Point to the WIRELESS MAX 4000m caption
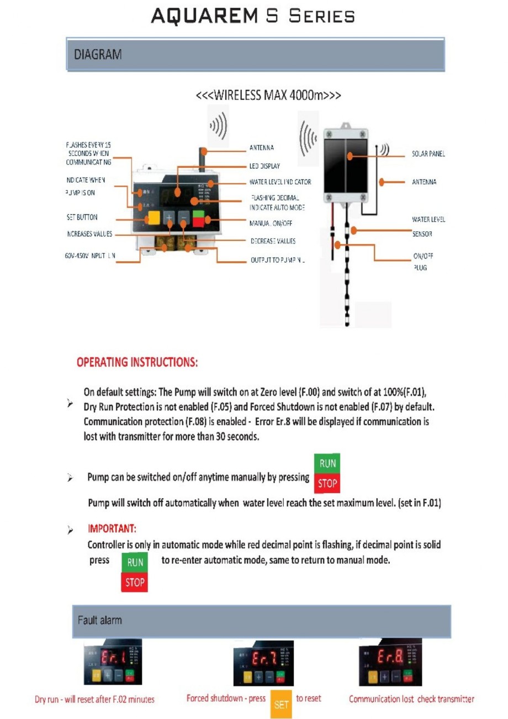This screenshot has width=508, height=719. click(x=268, y=94)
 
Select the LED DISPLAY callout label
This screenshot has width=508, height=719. click(x=265, y=166)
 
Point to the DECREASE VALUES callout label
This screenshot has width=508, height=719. click(x=273, y=241)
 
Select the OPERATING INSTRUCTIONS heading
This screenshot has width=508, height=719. click(x=137, y=363)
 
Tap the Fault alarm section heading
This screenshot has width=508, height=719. click(x=100, y=620)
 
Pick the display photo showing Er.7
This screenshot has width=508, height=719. click(x=264, y=663)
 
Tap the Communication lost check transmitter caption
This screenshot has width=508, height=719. click(x=411, y=699)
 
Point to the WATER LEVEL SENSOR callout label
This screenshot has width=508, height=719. click(x=428, y=226)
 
